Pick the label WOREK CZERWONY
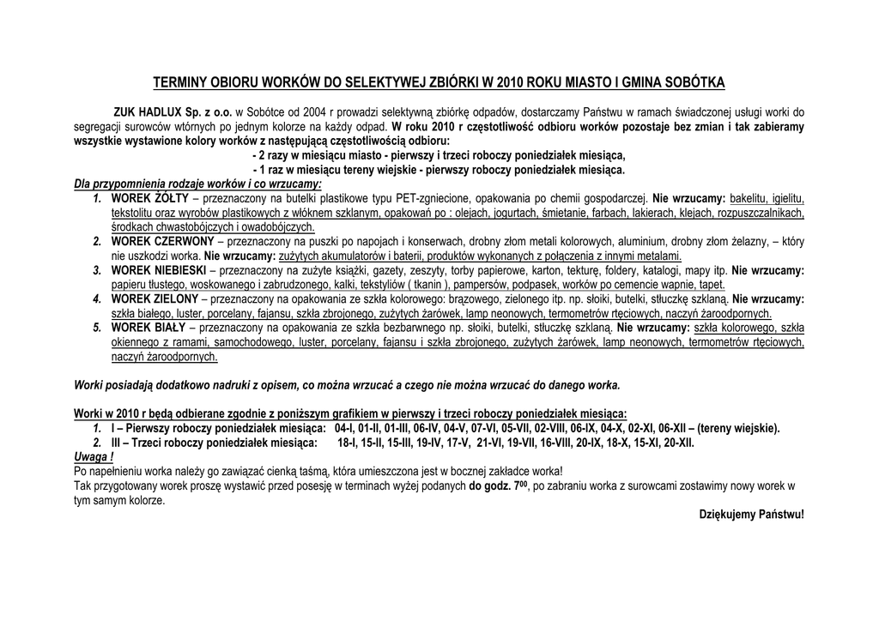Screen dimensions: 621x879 tap(162, 242)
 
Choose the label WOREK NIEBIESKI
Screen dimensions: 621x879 tap(158, 270)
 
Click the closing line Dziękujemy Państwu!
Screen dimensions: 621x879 tap(751, 515)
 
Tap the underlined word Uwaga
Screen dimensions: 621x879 tap(92, 457)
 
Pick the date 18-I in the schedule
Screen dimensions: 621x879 tap(347, 443)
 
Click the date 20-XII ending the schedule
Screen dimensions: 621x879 tap(678, 443)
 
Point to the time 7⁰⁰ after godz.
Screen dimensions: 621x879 tap(520, 485)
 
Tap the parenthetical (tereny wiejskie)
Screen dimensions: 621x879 tap(738, 428)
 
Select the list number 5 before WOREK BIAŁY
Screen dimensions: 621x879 tap(97, 328)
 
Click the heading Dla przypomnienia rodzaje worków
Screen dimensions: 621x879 tap(197, 184)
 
